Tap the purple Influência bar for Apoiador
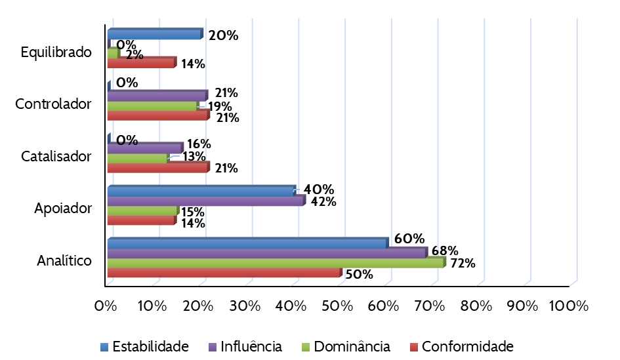pos(206,201)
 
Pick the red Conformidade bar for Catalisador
pos(157,168)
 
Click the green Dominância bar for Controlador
pos(152,106)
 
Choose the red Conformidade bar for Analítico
pos(224,273)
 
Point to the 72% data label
pos(462,264)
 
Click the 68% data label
pos(445,250)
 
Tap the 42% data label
pos(323,201)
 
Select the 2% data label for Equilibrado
pos(134,55)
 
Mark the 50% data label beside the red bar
pos(359,274)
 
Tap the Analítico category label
pos(64,260)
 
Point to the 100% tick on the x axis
pos(569,306)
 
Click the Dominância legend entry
pos(346,346)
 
